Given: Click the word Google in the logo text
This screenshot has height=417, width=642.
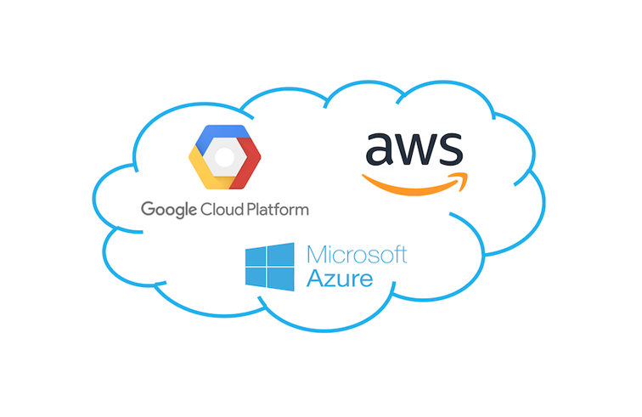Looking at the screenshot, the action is pos(169,210).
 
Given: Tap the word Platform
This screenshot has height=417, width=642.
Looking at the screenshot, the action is pos(278,209).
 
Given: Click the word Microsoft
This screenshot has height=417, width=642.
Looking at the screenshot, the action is pos(357,255).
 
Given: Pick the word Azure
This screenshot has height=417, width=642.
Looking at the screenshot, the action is pos(340,279).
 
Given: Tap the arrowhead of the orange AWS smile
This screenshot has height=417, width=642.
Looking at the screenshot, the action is pos(460,181).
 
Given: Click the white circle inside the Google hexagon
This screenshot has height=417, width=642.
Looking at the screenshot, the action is pos(224,157).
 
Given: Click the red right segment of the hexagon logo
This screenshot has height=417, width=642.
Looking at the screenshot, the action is pos(245,163).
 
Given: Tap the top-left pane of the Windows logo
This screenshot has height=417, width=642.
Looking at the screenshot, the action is pos(255,256).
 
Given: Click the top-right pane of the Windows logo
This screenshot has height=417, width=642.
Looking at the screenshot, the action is pos(280,254).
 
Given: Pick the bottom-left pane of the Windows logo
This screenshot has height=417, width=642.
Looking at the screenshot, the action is pos(255,277).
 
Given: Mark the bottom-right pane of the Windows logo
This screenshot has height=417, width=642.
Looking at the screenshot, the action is pos(280,279).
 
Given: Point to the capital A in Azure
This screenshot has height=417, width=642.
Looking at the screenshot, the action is pos(316,278).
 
